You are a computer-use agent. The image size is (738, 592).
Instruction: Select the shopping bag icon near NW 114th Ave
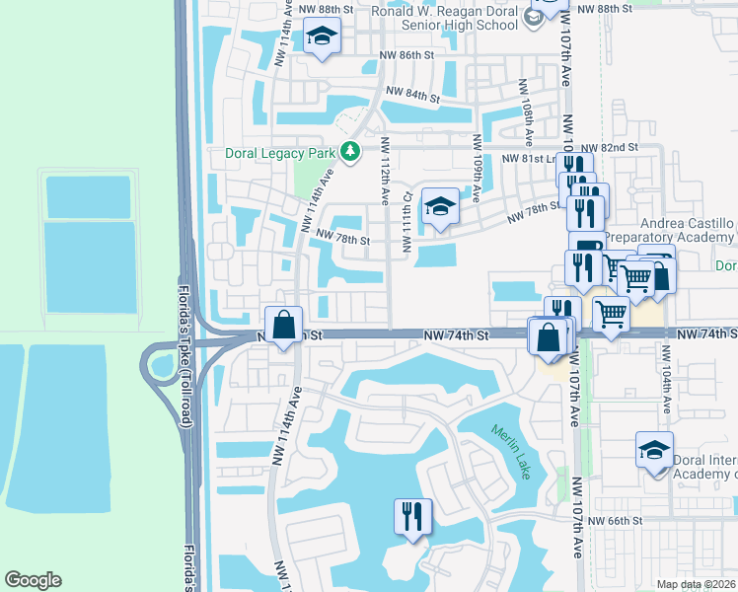point(283,324)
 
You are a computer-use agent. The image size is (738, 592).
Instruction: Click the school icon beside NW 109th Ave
point(439,205)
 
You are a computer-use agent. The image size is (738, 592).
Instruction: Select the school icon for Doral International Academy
point(654,450)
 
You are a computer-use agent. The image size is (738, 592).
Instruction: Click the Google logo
point(33,580)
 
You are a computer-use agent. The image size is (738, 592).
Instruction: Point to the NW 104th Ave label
point(668,389)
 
